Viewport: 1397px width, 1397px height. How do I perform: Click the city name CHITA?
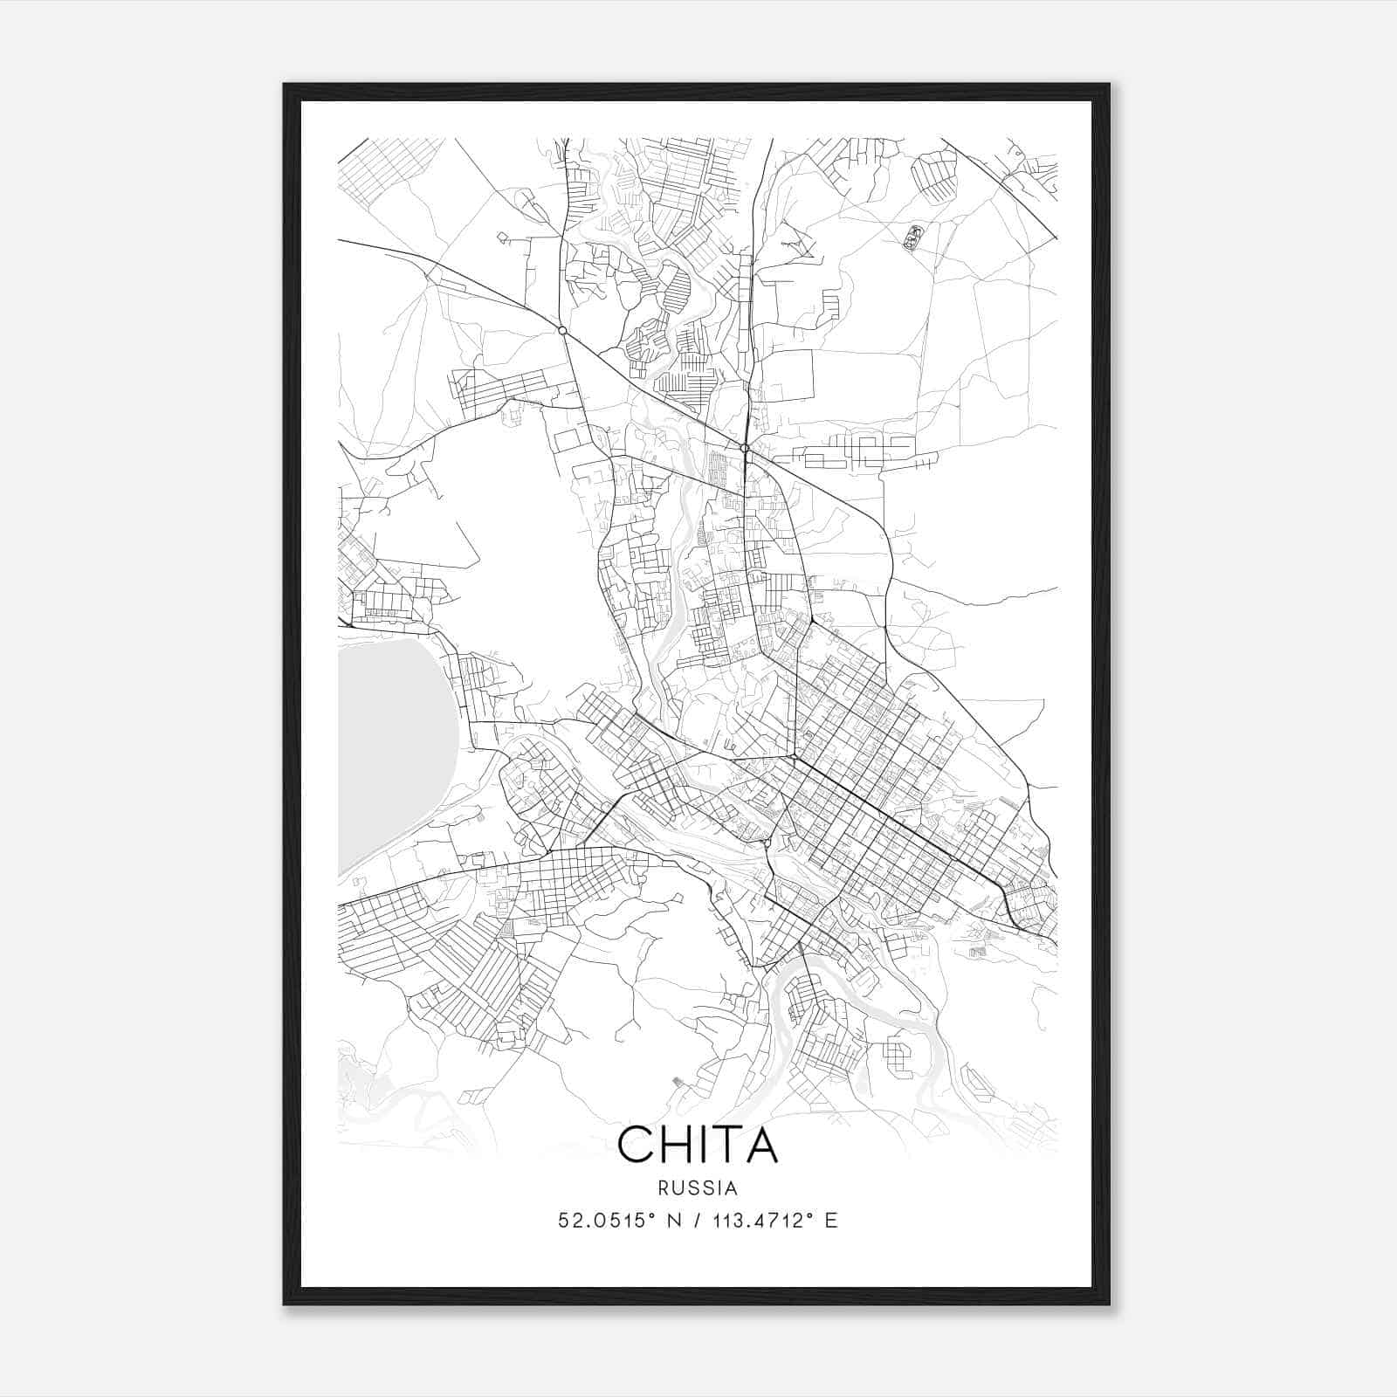pos(698,1145)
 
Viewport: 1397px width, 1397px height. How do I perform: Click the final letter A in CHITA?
pos(761,1145)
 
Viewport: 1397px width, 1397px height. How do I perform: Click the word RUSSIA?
pos(698,1188)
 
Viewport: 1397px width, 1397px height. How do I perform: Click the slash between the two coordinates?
pos(698,1221)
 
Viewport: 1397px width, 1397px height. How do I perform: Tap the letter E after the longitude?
pos(831,1221)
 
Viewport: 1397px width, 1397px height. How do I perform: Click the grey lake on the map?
pos(393,751)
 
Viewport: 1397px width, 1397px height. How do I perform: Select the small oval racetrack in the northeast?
pos(913,237)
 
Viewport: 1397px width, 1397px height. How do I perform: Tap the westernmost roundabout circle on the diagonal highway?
pos(562,330)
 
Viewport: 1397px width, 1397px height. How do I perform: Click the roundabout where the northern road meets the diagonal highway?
pos(745,448)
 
